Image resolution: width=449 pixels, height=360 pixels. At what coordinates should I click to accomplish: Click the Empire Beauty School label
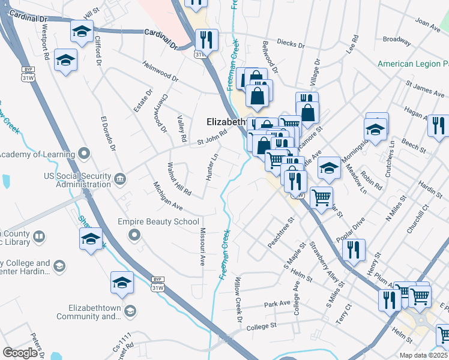[158, 221]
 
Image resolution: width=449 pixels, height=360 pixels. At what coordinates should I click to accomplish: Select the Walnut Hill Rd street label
[179, 179]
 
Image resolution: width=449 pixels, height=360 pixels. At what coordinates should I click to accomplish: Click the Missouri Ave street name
[202, 247]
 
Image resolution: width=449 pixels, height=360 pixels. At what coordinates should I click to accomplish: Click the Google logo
[20, 353]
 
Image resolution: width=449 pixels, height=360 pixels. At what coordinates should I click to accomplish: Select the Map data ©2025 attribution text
[424, 355]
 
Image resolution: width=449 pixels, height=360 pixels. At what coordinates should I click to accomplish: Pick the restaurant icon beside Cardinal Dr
[206, 40]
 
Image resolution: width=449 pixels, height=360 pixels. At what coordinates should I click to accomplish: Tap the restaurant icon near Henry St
[354, 249]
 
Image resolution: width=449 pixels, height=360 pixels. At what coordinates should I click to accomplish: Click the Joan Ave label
[427, 25]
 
